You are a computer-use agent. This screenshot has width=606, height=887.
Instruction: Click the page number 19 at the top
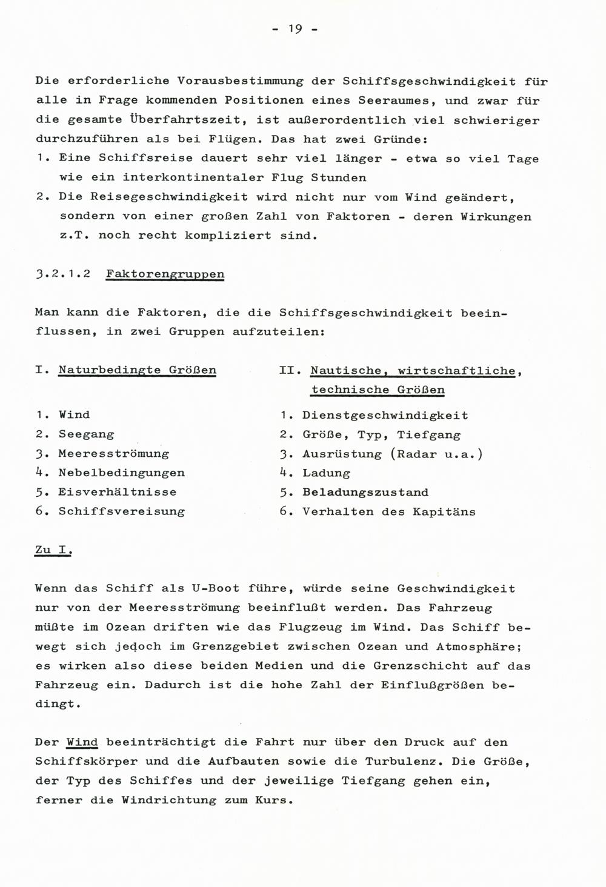click(295, 29)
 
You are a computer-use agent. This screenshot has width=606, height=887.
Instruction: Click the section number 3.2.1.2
click(63, 274)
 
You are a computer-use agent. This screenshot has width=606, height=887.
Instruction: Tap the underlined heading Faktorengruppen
click(165, 274)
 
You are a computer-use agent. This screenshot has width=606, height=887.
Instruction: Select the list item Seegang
click(86, 434)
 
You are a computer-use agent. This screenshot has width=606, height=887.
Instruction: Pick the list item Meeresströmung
click(113, 454)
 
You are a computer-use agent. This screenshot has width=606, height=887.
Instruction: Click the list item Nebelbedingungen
click(121, 473)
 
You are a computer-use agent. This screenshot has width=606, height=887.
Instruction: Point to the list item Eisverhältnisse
click(118, 492)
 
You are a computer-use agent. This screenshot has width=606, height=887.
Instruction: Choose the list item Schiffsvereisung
click(121, 511)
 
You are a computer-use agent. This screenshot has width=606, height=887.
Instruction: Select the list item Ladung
click(326, 473)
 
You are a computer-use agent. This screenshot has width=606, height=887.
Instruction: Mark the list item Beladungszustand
click(365, 493)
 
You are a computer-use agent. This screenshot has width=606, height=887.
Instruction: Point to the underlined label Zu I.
click(53, 550)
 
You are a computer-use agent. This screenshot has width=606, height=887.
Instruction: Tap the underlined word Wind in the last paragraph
click(82, 742)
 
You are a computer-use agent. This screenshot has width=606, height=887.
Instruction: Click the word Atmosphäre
click(474, 646)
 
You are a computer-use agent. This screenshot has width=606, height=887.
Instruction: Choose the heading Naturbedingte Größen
click(137, 370)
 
